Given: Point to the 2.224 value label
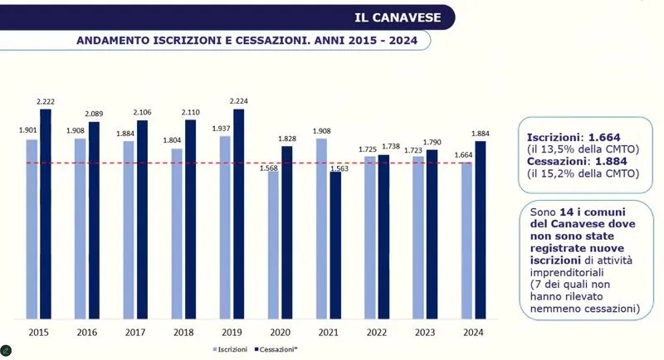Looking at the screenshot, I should click(239, 101).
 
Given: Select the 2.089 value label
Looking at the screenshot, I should click(94, 114).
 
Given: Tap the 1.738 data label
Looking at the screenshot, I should click(391, 147).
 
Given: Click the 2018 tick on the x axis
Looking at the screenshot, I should click(184, 332).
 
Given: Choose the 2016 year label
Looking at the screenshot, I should click(87, 332).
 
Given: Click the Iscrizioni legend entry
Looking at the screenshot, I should click(230, 349).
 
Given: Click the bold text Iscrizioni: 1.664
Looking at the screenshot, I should click(574, 136).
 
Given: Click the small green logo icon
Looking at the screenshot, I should click(7, 349).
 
